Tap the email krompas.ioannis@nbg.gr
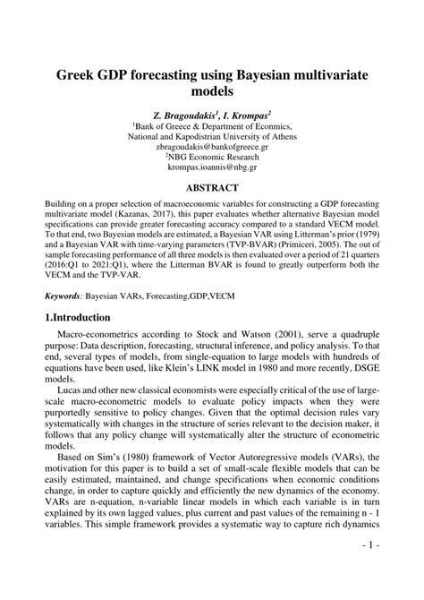[x=212, y=167]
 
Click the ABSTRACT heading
[x=211, y=188]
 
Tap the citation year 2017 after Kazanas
[x=195, y=217]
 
